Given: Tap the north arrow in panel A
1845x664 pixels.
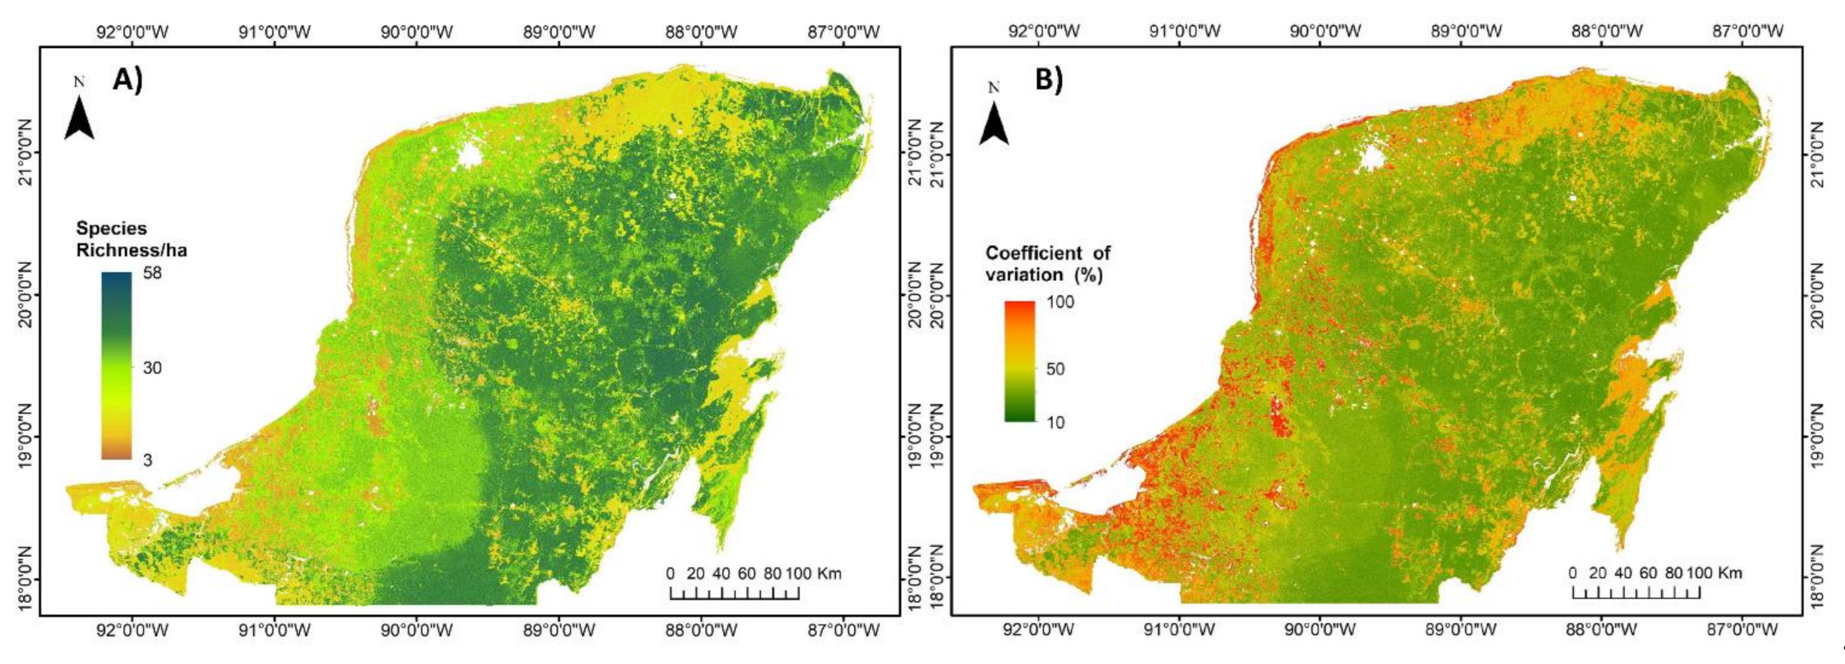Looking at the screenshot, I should pyautogui.click(x=79, y=119).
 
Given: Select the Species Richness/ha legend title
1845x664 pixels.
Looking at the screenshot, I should pyautogui.click(x=131, y=239).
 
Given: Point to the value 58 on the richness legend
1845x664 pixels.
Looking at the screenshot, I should pyautogui.click(x=152, y=273).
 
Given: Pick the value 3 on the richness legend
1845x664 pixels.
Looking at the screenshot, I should pyautogui.click(x=147, y=460).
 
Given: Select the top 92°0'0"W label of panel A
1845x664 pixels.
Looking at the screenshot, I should pyautogui.click(x=132, y=32).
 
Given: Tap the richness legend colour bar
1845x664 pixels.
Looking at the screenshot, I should pyautogui.click(x=116, y=365).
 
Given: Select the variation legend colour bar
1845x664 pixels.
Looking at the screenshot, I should pyautogui.click(x=1019, y=361).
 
